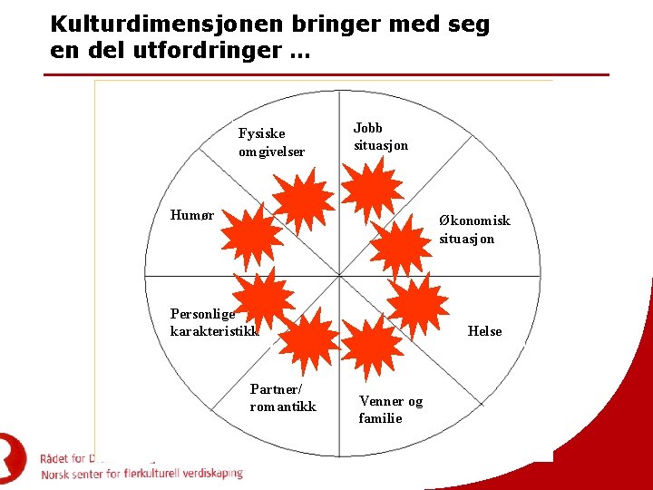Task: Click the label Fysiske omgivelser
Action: (x=271, y=142)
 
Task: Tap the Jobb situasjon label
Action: (x=380, y=137)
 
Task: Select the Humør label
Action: (x=192, y=215)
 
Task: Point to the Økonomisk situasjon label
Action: (x=474, y=229)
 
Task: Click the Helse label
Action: (x=484, y=331)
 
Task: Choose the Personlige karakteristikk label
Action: (x=214, y=322)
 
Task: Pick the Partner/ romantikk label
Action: (x=283, y=397)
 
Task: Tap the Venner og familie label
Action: (x=390, y=409)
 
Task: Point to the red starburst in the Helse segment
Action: (x=417, y=306)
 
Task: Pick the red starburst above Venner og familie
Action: (x=373, y=344)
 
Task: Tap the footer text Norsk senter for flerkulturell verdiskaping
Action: (x=141, y=474)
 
